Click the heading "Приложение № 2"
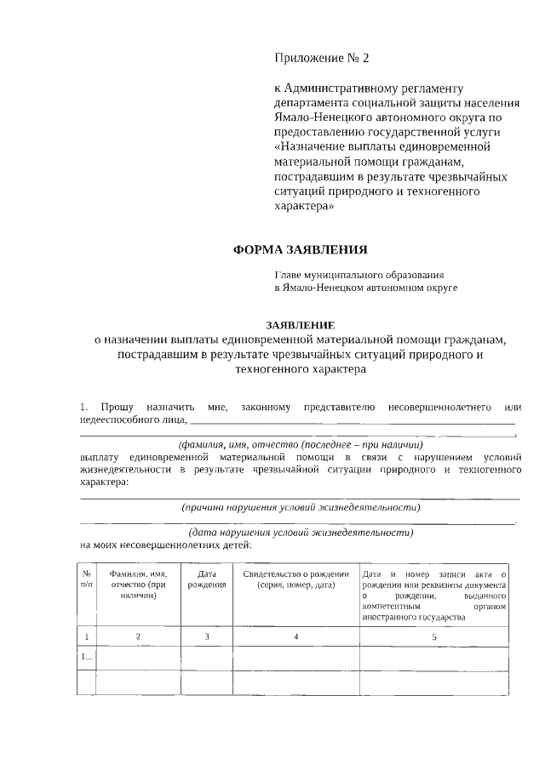(x=323, y=58)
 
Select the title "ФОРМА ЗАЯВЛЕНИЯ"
(x=301, y=249)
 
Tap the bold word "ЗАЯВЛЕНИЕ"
(x=301, y=325)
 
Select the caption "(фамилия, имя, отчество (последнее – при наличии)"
(x=301, y=445)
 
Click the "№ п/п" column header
(x=87, y=579)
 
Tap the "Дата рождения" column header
(x=206, y=579)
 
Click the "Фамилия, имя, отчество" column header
(x=138, y=585)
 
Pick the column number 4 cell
(x=295, y=636)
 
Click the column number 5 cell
(x=434, y=636)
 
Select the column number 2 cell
(x=138, y=636)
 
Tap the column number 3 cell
(x=206, y=636)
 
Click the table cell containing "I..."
(x=87, y=658)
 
